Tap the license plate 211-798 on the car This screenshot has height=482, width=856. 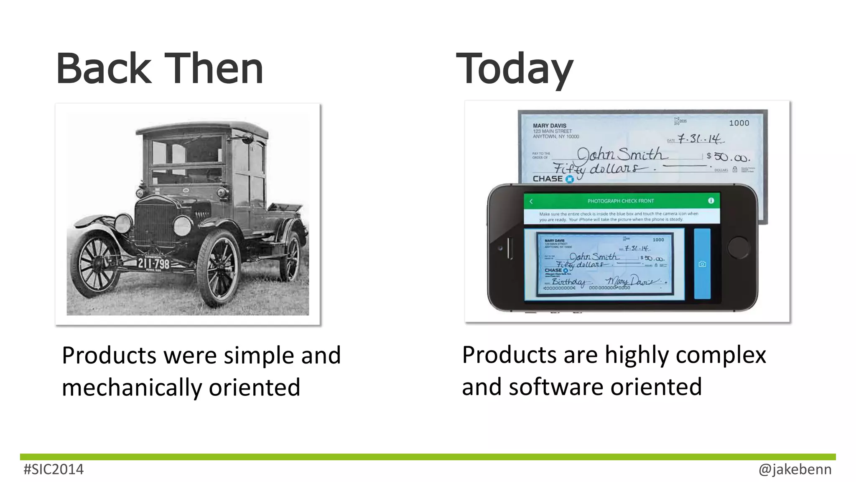pos(153,264)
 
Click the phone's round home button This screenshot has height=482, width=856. pos(738,247)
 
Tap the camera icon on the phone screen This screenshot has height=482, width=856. pos(702,264)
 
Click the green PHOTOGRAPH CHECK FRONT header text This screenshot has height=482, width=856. pos(620,201)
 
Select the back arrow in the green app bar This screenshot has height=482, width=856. pos(531,201)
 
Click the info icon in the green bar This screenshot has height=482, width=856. pos(711,201)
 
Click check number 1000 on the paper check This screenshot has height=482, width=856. pos(739,123)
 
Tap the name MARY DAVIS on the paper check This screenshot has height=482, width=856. pos(549,126)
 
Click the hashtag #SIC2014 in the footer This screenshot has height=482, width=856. pos(53,469)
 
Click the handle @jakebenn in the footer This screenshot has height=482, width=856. pos(795,469)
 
